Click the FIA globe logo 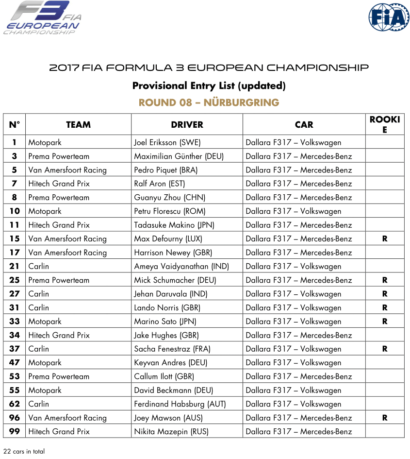(x=389, y=17)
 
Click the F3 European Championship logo (x=43, y=18)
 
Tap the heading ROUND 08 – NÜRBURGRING (x=209, y=102)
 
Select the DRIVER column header (x=187, y=125)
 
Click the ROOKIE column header (x=384, y=125)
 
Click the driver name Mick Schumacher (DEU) (x=175, y=280)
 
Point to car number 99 (x=14, y=431)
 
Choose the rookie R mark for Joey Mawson (x=384, y=418)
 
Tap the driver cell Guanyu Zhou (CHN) (x=169, y=198)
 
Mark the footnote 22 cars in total (x=24, y=451)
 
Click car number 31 (x=14, y=307)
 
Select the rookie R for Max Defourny (x=384, y=239)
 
